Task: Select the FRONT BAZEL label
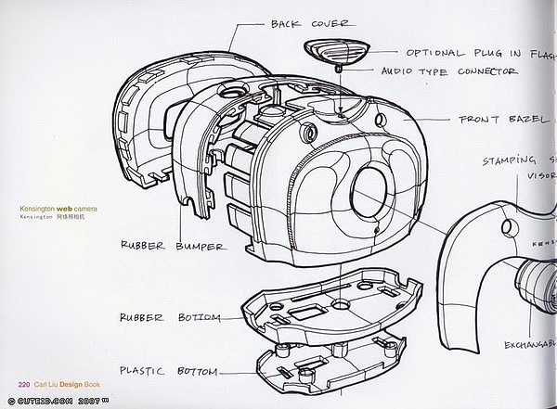504,120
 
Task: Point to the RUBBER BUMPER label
173,246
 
